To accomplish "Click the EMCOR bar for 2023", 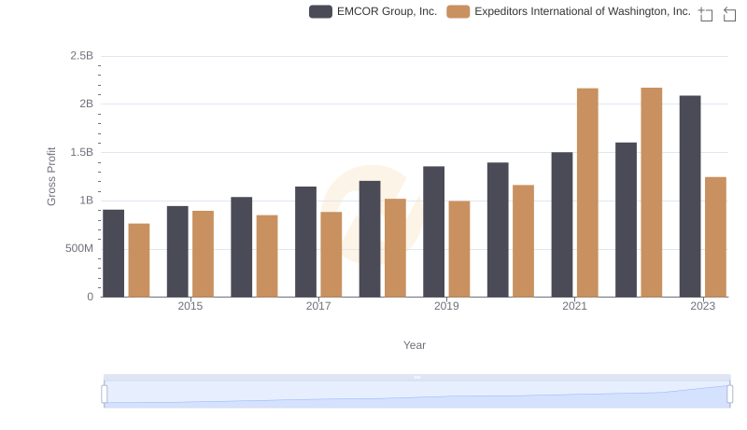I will [690, 196].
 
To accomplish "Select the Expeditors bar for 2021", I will [587, 192].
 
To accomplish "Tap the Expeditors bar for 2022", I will [652, 192].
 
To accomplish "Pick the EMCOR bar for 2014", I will [113, 253].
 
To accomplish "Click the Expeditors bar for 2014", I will [139, 260].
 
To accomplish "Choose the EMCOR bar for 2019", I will [433, 231].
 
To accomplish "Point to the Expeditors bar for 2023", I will [715, 237].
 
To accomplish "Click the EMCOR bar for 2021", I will [562, 224].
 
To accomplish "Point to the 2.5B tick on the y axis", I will [81, 56].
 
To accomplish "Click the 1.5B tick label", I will [81, 152].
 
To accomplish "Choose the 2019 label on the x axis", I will [446, 306].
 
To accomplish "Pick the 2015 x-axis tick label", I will [190, 306].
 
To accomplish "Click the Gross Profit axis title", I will [52, 176].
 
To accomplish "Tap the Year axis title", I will [415, 345].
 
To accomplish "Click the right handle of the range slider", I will [729, 394].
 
